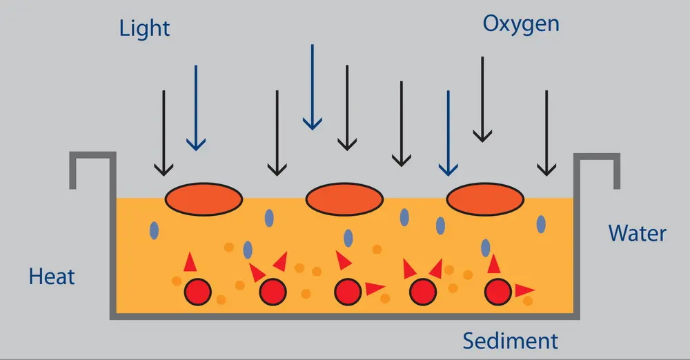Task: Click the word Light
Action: tap(144, 28)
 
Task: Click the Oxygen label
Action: tap(520, 24)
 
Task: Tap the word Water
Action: tap(637, 232)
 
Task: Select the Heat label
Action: tap(52, 277)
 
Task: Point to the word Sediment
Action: tap(510, 341)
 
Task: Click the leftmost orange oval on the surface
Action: tap(204, 199)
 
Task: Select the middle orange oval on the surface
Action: tap(344, 199)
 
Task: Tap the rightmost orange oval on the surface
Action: tap(485, 199)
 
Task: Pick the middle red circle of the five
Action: tap(347, 292)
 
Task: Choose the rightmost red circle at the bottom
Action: tap(497, 292)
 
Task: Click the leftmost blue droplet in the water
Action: tap(153, 229)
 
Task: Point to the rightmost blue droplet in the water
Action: tap(542, 223)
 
